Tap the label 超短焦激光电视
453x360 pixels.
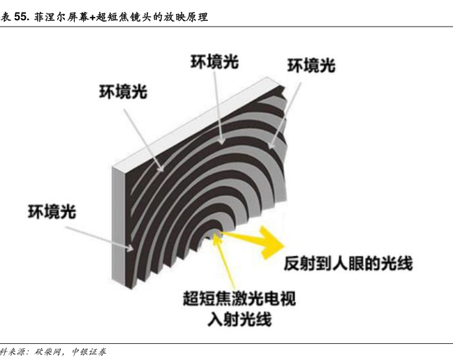[239, 300]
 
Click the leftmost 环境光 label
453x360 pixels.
[52, 211]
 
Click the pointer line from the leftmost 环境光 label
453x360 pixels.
[105, 236]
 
